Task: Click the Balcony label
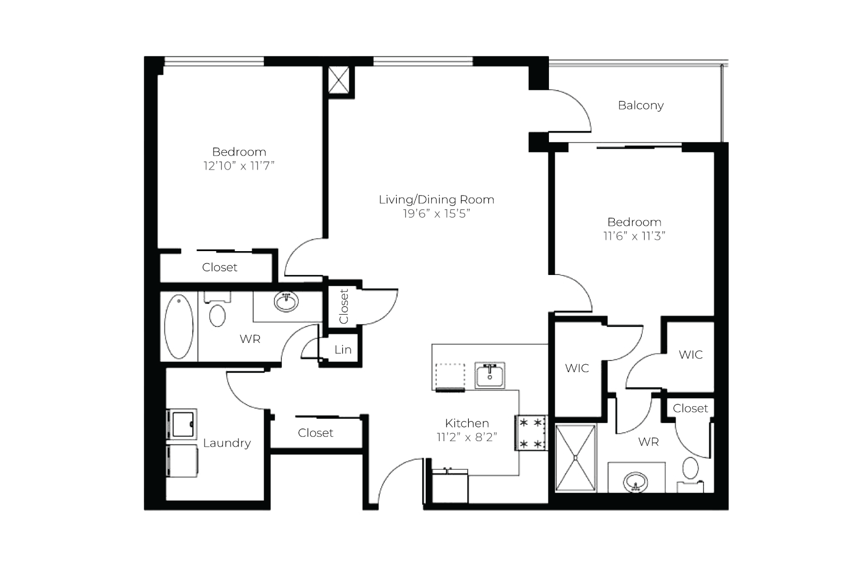tap(640, 105)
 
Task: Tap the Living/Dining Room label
tap(436, 200)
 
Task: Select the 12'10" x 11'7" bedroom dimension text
tap(239, 166)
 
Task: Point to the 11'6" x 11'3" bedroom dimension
tap(634, 236)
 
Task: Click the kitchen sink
tap(490, 375)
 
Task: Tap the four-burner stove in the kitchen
tap(530, 433)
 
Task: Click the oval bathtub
tap(179, 327)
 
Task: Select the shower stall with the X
tap(576, 458)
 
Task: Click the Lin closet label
tap(342, 349)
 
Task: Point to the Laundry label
tap(227, 443)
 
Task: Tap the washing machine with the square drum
tap(182, 424)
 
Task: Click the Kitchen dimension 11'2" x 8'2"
tap(467, 437)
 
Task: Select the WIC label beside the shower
tap(577, 368)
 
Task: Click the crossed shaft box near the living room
tap(339, 80)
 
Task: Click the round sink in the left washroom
tap(286, 302)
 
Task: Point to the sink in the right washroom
tap(635, 482)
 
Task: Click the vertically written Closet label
tap(344, 307)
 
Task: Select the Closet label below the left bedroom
tap(220, 267)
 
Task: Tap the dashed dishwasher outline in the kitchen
tap(450, 376)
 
